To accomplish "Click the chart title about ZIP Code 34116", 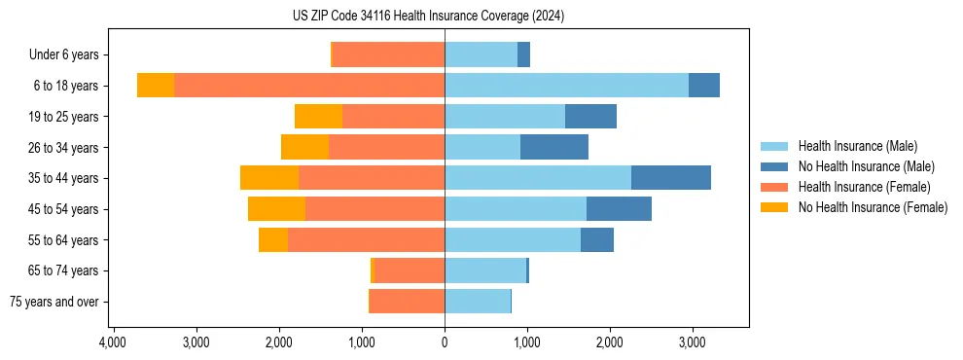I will [x=428, y=17].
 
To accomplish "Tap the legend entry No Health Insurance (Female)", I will [x=873, y=207].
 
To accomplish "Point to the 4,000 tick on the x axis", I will [x=113, y=342].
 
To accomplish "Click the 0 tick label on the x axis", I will [x=445, y=342].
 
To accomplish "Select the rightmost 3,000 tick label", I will [x=692, y=342].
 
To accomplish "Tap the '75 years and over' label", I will [x=53, y=302].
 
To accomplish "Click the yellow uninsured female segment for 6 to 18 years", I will [x=156, y=86].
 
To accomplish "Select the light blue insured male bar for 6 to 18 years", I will [x=566, y=86].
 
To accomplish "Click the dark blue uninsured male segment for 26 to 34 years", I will [x=554, y=147].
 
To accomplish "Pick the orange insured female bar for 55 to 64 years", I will [x=366, y=239].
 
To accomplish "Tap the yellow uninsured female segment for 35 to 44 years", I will [x=269, y=178].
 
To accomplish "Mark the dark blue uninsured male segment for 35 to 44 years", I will [x=671, y=178].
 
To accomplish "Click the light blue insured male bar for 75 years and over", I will [x=478, y=302].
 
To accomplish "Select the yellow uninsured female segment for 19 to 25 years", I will [x=318, y=117].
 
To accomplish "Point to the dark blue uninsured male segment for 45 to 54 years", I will [x=619, y=209].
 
